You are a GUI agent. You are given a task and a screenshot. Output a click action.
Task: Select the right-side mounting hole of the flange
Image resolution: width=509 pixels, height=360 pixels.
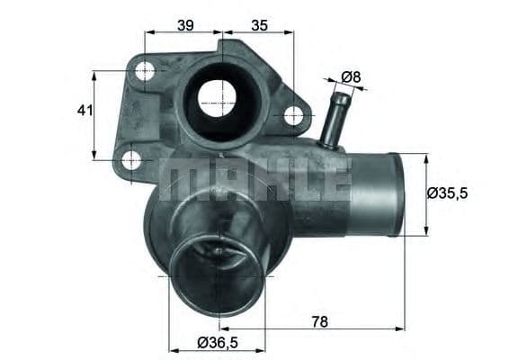pyautogui.click(x=293, y=115)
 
